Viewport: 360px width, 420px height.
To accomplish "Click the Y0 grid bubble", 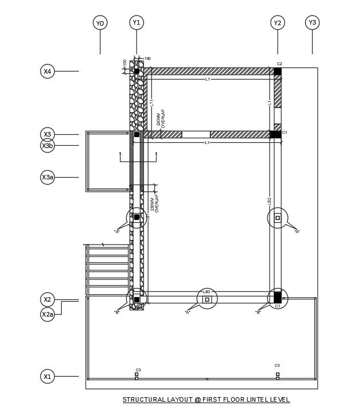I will [x=100, y=23].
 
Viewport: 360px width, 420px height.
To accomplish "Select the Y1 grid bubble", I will [x=136, y=22].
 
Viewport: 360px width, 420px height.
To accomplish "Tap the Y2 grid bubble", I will [x=278, y=23].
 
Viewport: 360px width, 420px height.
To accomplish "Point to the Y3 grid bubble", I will [x=312, y=22].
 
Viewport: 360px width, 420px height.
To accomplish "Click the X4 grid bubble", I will [x=48, y=71].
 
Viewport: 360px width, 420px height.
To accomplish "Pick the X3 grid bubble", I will [x=48, y=134].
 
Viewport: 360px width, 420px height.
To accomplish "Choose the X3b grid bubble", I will [x=48, y=146].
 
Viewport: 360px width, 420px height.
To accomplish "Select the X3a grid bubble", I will [x=48, y=177].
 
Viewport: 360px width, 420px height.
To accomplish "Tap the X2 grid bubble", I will [x=48, y=299].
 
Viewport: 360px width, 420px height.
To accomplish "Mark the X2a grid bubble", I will [x=48, y=314].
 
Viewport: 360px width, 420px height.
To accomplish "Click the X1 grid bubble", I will [x=48, y=376].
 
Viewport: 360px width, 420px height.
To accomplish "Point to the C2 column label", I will [x=279, y=64].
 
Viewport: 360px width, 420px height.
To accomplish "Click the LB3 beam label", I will [x=207, y=292].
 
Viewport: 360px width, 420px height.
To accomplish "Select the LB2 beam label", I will [x=269, y=201].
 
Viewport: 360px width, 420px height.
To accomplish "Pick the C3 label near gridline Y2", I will [x=277, y=366].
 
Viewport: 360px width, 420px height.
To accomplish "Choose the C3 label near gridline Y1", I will [x=138, y=370].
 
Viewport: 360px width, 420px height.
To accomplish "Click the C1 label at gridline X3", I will [x=285, y=133].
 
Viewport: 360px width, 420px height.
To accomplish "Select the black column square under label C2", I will [x=278, y=71].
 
